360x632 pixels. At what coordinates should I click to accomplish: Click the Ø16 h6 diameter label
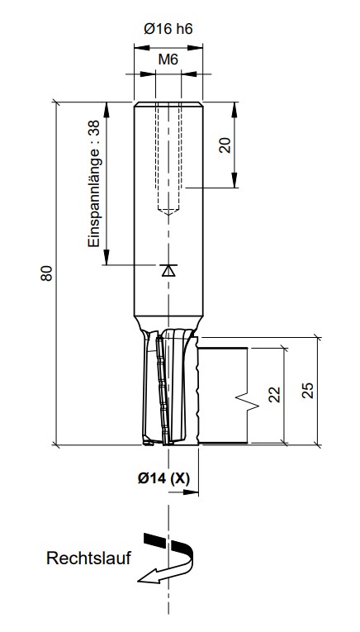168,29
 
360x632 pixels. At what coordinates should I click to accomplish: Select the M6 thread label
168,59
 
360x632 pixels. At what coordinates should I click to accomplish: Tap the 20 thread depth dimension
226,145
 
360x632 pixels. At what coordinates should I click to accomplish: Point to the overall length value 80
46,273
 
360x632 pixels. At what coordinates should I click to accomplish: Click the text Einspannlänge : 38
94,183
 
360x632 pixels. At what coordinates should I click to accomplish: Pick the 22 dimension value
274,395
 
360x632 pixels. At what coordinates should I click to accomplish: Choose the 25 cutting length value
308,390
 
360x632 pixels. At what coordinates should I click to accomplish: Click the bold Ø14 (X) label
163,478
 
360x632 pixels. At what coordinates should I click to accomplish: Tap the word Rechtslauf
88,558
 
